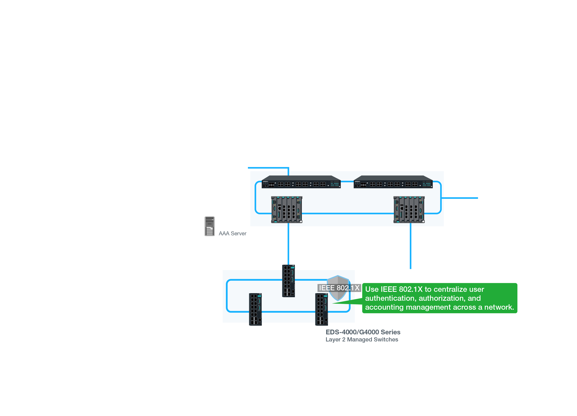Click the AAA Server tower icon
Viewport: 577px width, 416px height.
click(209, 226)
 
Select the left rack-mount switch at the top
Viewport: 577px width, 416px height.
click(301, 182)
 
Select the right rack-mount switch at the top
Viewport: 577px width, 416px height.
click(393, 182)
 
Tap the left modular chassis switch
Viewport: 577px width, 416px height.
click(287, 209)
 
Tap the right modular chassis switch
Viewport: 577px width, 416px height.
click(409, 209)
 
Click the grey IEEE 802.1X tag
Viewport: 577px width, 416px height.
click(339, 288)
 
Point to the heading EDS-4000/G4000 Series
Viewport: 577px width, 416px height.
click(363, 332)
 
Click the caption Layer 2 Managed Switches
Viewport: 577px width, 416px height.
click(361, 339)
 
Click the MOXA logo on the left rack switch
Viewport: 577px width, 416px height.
click(265, 181)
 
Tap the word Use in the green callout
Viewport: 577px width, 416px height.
click(372, 289)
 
